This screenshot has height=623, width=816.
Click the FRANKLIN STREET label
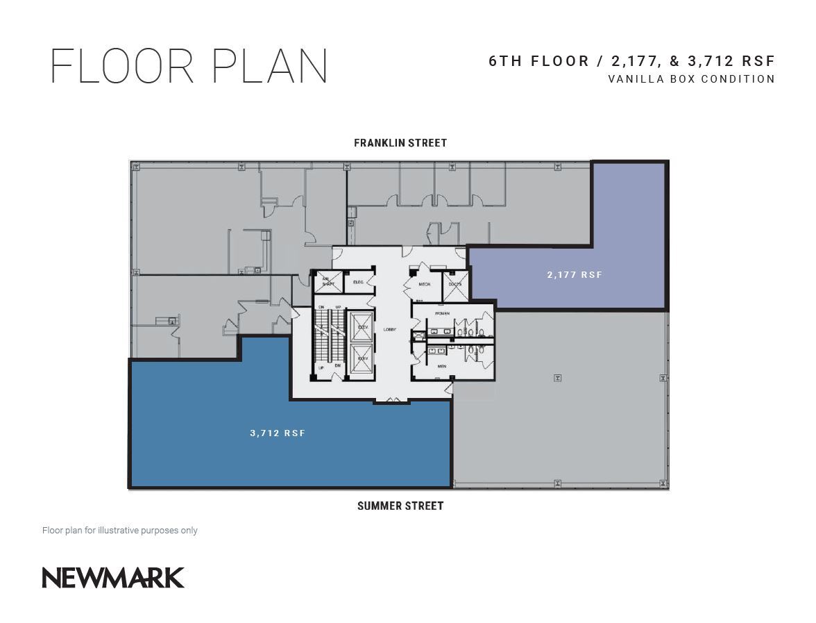tap(400, 143)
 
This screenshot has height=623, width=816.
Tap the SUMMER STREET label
tap(400, 506)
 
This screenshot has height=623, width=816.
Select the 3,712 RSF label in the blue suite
tap(278, 433)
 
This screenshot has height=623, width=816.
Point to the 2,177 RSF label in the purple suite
tap(575, 275)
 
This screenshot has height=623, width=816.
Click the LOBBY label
tap(390, 329)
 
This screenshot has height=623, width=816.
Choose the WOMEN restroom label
tap(442, 314)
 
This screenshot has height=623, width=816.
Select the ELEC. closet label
tap(359, 282)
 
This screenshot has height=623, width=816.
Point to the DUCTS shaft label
tap(455, 284)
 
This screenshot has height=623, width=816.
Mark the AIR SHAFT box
tap(328, 282)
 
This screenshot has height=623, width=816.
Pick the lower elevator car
tap(362, 358)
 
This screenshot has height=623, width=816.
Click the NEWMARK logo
tap(113, 578)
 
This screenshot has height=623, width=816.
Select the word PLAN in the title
tap(269, 67)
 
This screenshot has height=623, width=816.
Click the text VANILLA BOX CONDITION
tap(691, 79)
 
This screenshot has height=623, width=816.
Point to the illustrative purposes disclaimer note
tap(120, 531)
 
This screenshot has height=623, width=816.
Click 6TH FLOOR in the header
tap(538, 61)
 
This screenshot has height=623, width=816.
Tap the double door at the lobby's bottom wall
tap(393, 401)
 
